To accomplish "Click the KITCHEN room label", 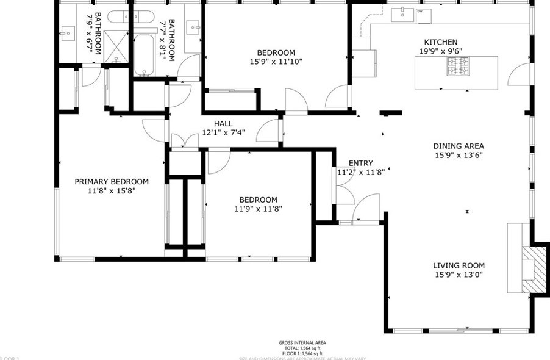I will point(436,42).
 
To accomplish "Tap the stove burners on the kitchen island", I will point(459,66).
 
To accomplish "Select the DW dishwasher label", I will point(420,11).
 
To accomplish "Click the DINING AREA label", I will point(459,146).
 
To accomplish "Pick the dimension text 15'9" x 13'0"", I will point(459,275).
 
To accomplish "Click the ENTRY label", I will point(360,163).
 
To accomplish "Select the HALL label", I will point(223,123).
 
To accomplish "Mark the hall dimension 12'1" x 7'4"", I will point(223,132).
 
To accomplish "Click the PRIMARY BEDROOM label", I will point(112,181).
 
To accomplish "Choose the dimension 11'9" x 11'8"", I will point(258,209).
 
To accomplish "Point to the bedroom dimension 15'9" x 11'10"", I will point(276,61).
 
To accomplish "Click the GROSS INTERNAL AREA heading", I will point(302,342).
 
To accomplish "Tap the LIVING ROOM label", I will point(459,265).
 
